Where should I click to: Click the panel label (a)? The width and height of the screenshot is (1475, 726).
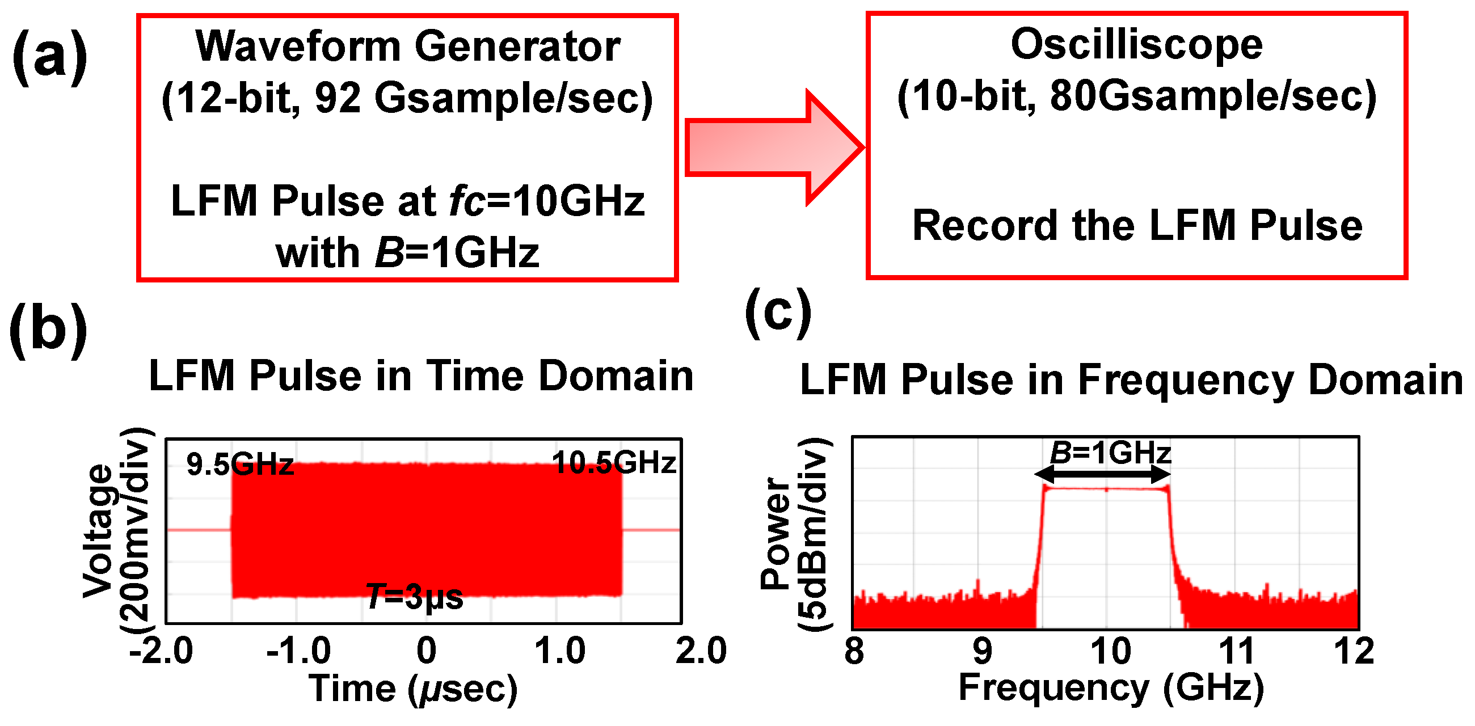point(50,57)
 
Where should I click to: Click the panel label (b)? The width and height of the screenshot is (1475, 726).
point(49,330)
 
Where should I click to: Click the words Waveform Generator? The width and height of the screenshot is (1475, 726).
point(408,46)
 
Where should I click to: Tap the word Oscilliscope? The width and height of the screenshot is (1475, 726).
point(1136,45)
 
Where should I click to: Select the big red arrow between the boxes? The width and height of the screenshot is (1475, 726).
point(773,147)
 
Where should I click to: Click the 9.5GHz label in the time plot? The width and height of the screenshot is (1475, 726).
point(239,464)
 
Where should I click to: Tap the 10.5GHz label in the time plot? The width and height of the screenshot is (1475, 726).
point(614,462)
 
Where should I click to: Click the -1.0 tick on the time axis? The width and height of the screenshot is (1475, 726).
point(298,651)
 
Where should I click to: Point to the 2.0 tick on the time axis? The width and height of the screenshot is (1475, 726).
point(701,651)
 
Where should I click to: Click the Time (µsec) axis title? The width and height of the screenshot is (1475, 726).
point(413,688)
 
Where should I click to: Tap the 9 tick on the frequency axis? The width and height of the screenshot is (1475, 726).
point(982,651)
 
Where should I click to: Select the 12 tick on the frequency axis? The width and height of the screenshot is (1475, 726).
point(1354,651)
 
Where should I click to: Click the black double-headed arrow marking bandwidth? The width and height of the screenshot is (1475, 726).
point(1102,474)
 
